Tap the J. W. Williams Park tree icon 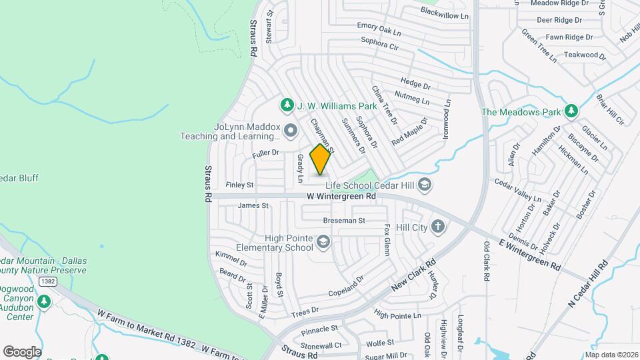click(287, 105)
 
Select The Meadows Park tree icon click(571, 111)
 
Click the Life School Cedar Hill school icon click(425, 184)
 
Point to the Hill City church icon click(438, 227)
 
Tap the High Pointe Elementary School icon click(323, 241)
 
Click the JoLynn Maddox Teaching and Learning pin click(290, 130)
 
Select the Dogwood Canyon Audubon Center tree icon click(44, 302)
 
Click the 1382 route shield click(47, 282)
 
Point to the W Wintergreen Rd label click(341, 196)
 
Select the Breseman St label click(344, 220)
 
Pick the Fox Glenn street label click(386, 239)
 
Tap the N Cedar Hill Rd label click(589, 283)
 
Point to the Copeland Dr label click(345, 286)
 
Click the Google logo click(22, 351)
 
